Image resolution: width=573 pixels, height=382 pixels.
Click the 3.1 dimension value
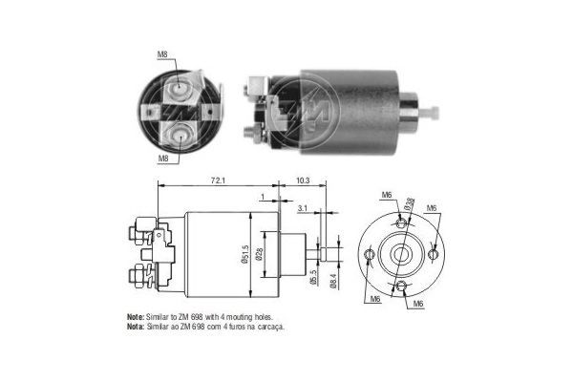(303, 207)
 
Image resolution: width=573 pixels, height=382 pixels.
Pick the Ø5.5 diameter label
(313, 278)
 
